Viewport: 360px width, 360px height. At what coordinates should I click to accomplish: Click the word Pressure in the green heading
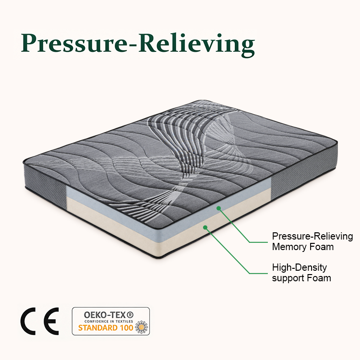pos(73,43)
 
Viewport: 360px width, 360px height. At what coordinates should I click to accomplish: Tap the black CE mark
pos(39,321)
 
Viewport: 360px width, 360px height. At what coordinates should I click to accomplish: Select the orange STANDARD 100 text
pos(106,328)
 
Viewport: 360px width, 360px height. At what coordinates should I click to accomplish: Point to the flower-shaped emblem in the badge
pos(142,327)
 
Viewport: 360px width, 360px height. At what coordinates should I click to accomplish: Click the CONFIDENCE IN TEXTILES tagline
pos(108,321)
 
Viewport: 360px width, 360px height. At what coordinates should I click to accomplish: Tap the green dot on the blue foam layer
pos(218,208)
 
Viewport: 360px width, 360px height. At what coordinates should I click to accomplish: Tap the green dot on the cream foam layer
pos(205,228)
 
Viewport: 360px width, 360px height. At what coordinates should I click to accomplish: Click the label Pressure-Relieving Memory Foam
pos(312,241)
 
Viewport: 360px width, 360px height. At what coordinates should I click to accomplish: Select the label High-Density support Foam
pos(301,273)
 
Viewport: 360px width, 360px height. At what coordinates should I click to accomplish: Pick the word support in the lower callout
pos(288,278)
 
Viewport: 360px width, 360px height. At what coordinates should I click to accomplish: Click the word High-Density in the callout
pos(300,268)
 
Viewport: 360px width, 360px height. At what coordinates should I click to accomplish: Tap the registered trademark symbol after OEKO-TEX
pos(130,314)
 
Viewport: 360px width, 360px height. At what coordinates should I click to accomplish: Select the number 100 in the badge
pos(126,328)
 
